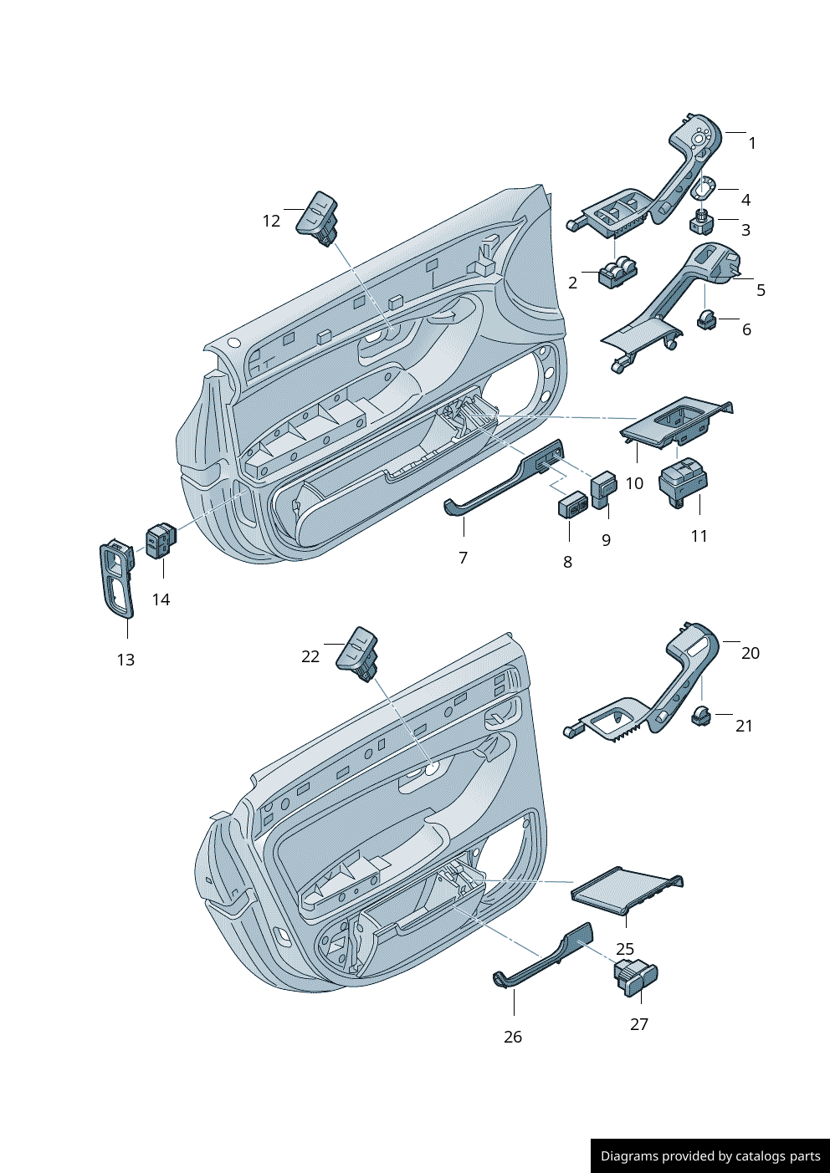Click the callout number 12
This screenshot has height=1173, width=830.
pyautogui.click(x=271, y=221)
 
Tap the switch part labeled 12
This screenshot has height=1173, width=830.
pyautogui.click(x=318, y=216)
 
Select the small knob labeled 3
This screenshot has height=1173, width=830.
pyautogui.click(x=701, y=222)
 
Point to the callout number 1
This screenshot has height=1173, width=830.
pyautogui.click(x=752, y=143)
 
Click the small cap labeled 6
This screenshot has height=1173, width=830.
pyautogui.click(x=707, y=319)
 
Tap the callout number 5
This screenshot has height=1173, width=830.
pyautogui.click(x=761, y=290)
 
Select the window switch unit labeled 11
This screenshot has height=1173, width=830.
pyautogui.click(x=684, y=482)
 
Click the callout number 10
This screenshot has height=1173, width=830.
pyautogui.click(x=634, y=483)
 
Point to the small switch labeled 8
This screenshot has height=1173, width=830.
pyautogui.click(x=573, y=505)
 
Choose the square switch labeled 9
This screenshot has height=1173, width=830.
pyautogui.click(x=604, y=488)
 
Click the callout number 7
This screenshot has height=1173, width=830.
pyautogui.click(x=463, y=558)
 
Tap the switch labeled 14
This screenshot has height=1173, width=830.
pyautogui.click(x=161, y=540)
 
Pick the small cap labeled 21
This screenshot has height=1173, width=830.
pyautogui.click(x=701, y=716)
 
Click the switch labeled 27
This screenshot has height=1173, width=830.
pyautogui.click(x=638, y=977)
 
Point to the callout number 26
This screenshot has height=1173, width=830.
pyautogui.click(x=513, y=1037)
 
